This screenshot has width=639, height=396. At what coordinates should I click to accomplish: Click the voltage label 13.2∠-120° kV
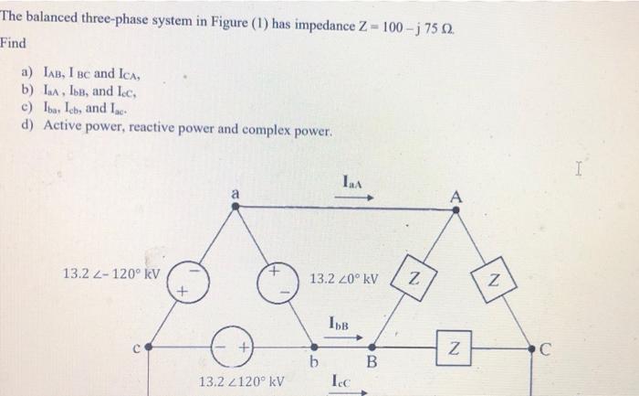(110, 273)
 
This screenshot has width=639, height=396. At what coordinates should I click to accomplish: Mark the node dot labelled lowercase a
(236, 207)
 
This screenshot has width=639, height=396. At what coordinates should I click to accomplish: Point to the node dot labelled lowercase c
(149, 348)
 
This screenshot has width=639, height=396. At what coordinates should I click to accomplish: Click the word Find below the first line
(14, 43)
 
